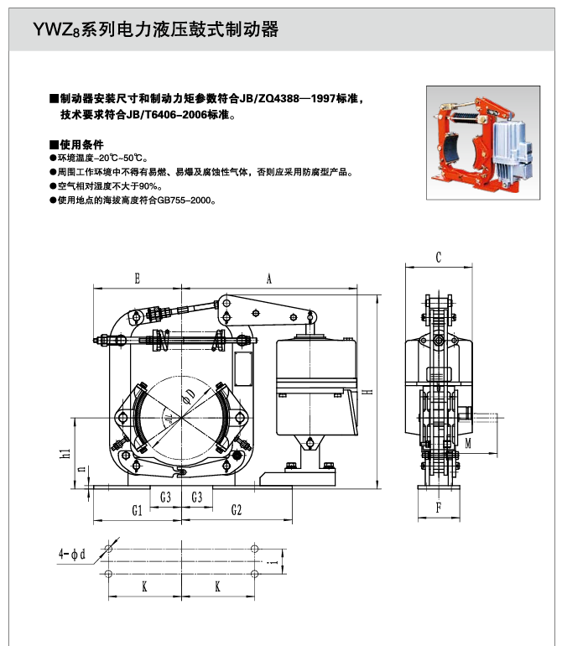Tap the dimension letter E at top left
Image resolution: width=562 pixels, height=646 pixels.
pos(137,279)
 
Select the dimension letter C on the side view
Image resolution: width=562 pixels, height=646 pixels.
pos(439,257)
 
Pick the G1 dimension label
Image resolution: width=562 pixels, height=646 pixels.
pos(137,509)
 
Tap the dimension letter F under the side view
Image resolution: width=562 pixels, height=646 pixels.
pos(438,508)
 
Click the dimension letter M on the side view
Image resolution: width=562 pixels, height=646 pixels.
pos(468,441)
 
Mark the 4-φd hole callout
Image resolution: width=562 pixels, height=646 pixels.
pos(72,555)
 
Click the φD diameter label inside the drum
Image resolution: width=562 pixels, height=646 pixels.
pos(190,394)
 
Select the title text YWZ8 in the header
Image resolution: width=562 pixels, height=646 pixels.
pos(55,31)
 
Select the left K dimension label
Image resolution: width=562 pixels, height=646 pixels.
pos(144,588)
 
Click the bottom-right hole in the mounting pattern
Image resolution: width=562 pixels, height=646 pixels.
pos(254,574)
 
